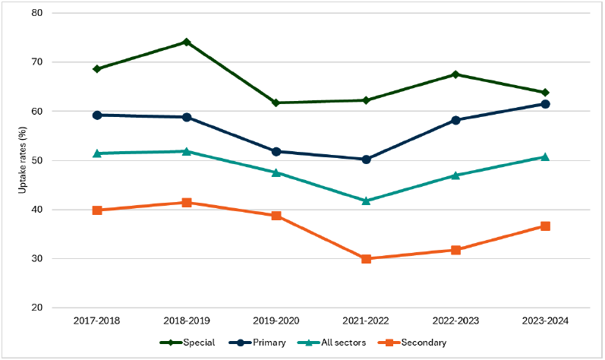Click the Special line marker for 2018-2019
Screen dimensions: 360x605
tap(186, 43)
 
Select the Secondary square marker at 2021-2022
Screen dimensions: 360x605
tap(366, 259)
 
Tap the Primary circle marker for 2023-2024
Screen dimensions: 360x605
tap(545, 104)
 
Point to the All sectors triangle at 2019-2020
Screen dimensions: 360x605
tap(276, 172)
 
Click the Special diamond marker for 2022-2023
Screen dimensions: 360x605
tap(455, 74)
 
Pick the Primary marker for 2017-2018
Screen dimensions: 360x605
tap(97, 115)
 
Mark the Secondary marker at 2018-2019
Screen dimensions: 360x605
tap(186, 203)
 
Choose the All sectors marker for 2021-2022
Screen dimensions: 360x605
tap(366, 201)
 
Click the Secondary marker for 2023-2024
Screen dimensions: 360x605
tap(545, 226)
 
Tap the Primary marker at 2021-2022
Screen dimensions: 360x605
tap(366, 159)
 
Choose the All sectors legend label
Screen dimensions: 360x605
tap(345, 343)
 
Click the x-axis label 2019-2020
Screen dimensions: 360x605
tap(276, 321)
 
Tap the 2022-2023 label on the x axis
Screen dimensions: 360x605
tap(455, 321)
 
